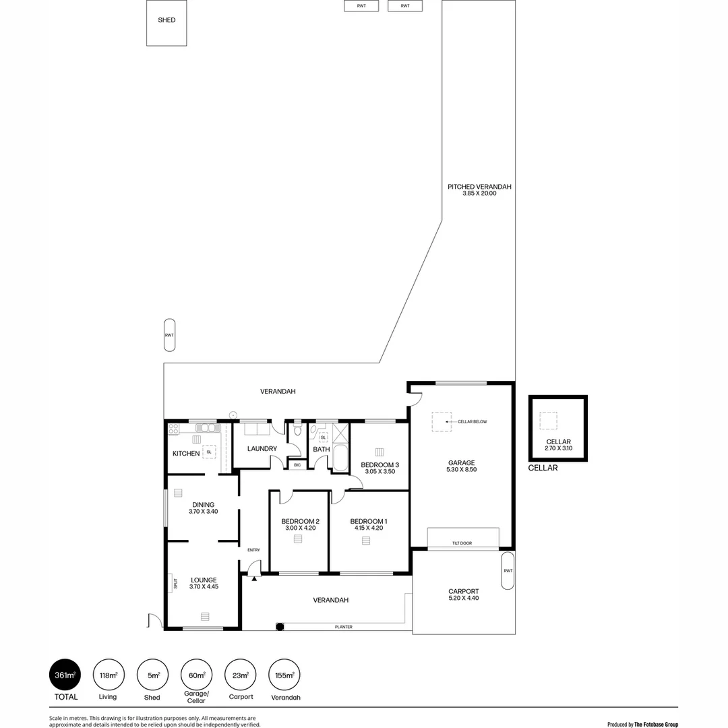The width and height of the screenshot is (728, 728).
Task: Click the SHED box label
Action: (x=166, y=20)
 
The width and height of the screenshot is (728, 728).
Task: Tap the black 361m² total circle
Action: (x=65, y=674)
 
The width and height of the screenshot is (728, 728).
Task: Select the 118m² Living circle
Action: (x=109, y=674)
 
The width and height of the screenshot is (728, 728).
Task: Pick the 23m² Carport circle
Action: (x=241, y=674)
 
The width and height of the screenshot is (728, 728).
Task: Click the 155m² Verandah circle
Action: (x=284, y=674)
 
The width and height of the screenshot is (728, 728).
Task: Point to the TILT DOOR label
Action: (x=462, y=543)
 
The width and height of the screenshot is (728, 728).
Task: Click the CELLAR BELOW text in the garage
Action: (x=472, y=422)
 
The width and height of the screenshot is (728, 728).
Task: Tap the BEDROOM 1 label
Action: (x=369, y=521)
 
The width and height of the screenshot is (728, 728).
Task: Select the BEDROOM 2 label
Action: (x=300, y=521)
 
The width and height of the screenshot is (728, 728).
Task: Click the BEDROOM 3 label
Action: (x=380, y=464)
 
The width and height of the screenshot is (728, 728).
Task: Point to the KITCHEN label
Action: (x=186, y=454)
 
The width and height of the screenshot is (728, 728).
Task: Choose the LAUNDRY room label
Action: (x=262, y=449)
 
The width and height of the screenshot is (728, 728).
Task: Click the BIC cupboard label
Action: (x=297, y=465)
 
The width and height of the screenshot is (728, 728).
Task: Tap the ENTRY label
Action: (x=253, y=550)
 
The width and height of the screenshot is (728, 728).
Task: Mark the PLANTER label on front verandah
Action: (x=344, y=627)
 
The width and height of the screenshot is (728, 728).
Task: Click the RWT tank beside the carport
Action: (x=508, y=571)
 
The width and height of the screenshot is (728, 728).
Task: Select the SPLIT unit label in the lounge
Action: (x=175, y=584)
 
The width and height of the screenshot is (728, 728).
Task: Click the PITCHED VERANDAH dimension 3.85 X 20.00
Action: (x=479, y=193)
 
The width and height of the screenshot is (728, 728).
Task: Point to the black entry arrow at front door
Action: (x=254, y=577)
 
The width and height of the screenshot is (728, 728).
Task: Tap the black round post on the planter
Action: (x=280, y=627)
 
